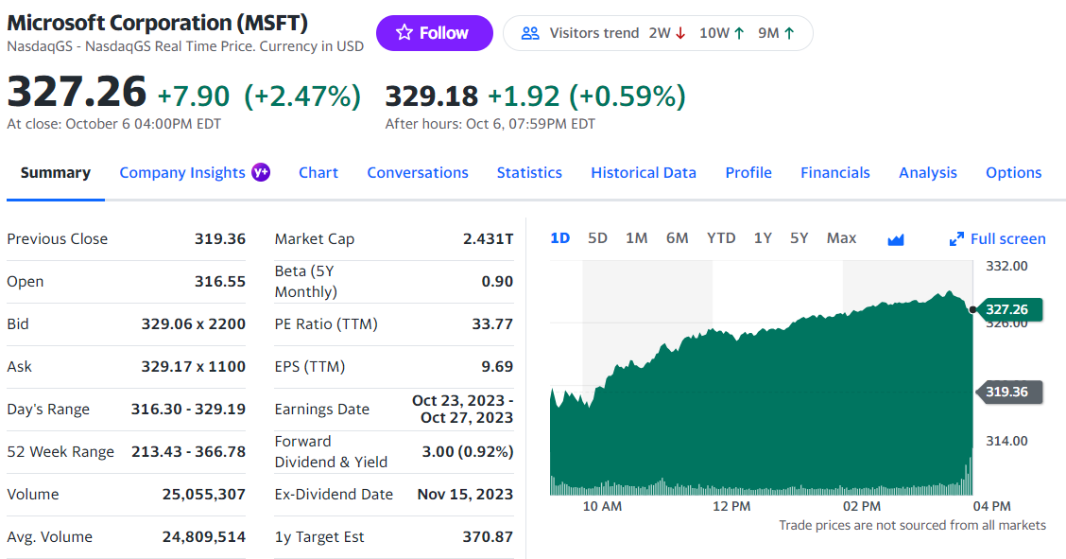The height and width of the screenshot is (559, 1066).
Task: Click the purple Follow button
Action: tap(434, 33)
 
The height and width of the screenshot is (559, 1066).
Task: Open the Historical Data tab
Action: tap(644, 172)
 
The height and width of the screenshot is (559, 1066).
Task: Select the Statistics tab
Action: tap(529, 172)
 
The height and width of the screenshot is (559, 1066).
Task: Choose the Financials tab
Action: tap(835, 172)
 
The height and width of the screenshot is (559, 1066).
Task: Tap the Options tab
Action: tap(1013, 172)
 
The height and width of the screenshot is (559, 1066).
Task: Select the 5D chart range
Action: tap(597, 238)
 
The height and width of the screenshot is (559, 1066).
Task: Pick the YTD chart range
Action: tap(721, 238)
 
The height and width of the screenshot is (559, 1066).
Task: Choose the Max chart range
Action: tap(841, 238)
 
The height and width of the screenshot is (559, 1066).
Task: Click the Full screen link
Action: tap(998, 238)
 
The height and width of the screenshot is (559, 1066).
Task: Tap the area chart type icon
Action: tap(896, 239)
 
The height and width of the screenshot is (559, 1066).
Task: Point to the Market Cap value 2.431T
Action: tap(488, 238)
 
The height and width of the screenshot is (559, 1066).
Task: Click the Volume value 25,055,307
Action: tap(204, 494)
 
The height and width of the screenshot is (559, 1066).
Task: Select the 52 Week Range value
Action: tap(188, 451)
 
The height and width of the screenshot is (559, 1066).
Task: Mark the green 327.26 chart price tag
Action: tap(1007, 309)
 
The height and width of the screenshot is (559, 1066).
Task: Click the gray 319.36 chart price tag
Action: tap(1007, 392)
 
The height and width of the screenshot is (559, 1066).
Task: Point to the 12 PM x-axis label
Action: tap(731, 506)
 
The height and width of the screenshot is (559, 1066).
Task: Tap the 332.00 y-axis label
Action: tap(1006, 266)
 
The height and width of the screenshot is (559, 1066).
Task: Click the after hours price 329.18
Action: tap(432, 96)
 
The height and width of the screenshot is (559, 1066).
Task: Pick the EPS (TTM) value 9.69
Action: tap(496, 366)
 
